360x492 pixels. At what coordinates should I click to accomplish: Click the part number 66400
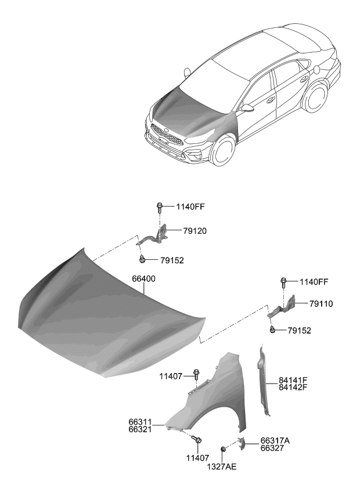(x=144, y=279)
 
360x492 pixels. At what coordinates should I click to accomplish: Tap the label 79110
(x=321, y=303)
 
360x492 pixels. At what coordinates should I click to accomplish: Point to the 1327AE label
(x=223, y=466)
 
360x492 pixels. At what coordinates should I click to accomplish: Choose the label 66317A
(x=275, y=440)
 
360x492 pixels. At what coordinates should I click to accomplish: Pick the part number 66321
(x=141, y=429)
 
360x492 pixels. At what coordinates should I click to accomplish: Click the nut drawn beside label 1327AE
(x=223, y=450)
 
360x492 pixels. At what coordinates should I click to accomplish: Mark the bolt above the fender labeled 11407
(x=196, y=375)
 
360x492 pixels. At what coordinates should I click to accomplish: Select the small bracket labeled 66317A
(x=244, y=444)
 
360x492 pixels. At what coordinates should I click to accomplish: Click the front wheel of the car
(x=224, y=153)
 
